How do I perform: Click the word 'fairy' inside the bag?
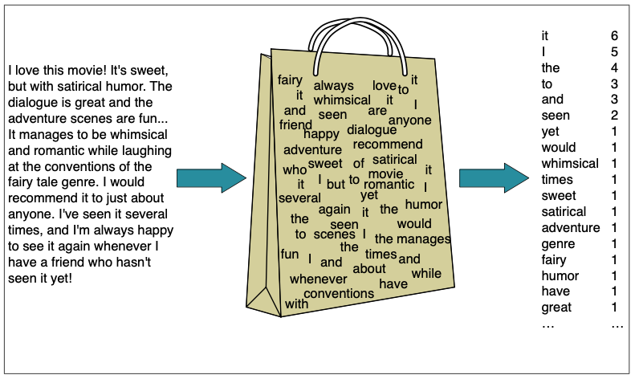290,80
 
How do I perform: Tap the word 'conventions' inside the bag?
339,293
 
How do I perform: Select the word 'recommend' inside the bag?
387,145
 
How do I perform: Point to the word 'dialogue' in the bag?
372,129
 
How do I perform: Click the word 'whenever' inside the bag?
318,279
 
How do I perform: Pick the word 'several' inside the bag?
299,198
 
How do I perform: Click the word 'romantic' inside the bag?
389,184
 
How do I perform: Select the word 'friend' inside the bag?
295,125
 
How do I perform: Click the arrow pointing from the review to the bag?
210,178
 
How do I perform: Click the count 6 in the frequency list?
614,36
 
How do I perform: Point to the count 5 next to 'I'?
614,52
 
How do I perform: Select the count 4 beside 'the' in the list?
614,68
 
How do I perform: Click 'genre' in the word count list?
558,244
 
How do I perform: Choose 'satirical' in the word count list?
564,212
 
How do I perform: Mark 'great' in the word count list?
556,308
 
